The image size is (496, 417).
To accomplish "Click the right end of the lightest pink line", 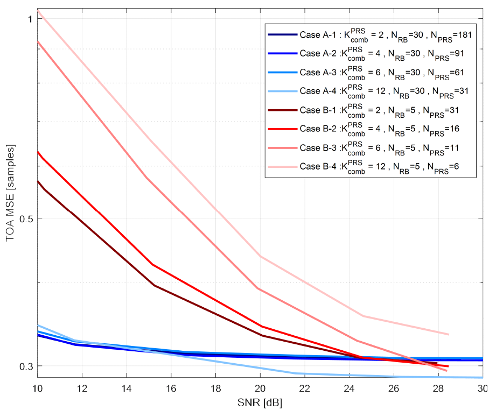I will pyautogui.click(x=449, y=334).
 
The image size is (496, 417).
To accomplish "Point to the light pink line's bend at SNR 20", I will pyautogui.click(x=260, y=256).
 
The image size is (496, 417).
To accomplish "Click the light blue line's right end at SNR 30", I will pyautogui.click(x=481, y=377).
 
